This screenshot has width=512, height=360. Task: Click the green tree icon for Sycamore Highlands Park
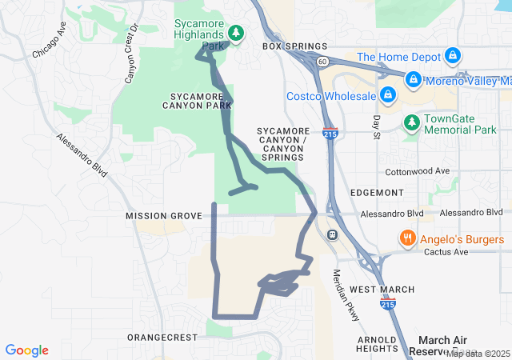[235, 33]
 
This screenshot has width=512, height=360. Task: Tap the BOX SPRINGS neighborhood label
[294, 47]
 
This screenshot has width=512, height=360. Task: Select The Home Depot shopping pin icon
[452, 57]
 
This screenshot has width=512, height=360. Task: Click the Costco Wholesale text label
[331, 97]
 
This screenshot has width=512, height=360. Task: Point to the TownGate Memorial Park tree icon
[411, 122]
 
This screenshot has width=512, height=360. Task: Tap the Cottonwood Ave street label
[418, 172]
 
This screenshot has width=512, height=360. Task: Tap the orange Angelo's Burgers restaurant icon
[407, 239]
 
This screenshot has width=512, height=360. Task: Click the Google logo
[27, 350]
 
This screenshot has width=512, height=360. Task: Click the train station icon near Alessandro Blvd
[332, 234]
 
